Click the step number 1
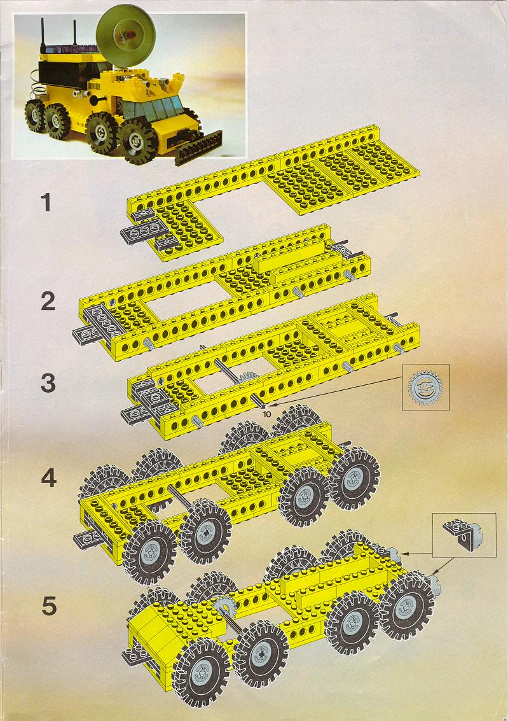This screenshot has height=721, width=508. (x=46, y=202)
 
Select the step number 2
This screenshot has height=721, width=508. (x=48, y=301)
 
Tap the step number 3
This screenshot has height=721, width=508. (x=48, y=383)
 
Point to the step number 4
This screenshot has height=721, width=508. (x=49, y=478)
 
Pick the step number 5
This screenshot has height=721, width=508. (x=49, y=606)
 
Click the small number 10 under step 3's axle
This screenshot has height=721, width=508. (x=267, y=414)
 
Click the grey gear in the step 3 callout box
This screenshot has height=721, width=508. (x=425, y=387)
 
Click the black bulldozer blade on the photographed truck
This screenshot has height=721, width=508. (x=198, y=147)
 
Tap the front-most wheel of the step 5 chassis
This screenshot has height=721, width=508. (x=201, y=671)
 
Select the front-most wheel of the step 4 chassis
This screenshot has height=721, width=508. (x=149, y=551)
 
